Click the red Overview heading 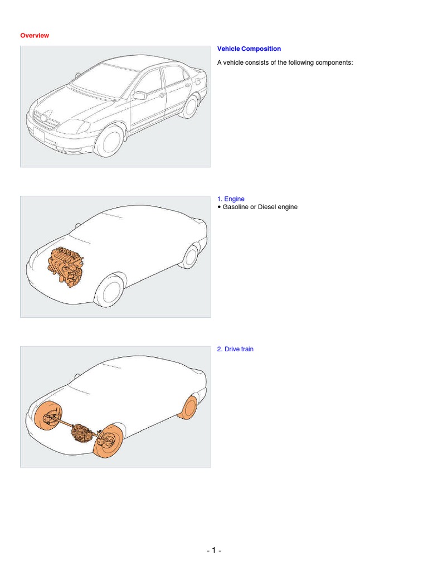(x=35, y=36)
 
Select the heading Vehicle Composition (x=249, y=49)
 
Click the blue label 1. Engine (x=231, y=199)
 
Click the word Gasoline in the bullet (x=236, y=207)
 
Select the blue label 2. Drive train (x=235, y=349)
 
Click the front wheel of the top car (x=109, y=139)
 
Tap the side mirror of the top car (x=140, y=96)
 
